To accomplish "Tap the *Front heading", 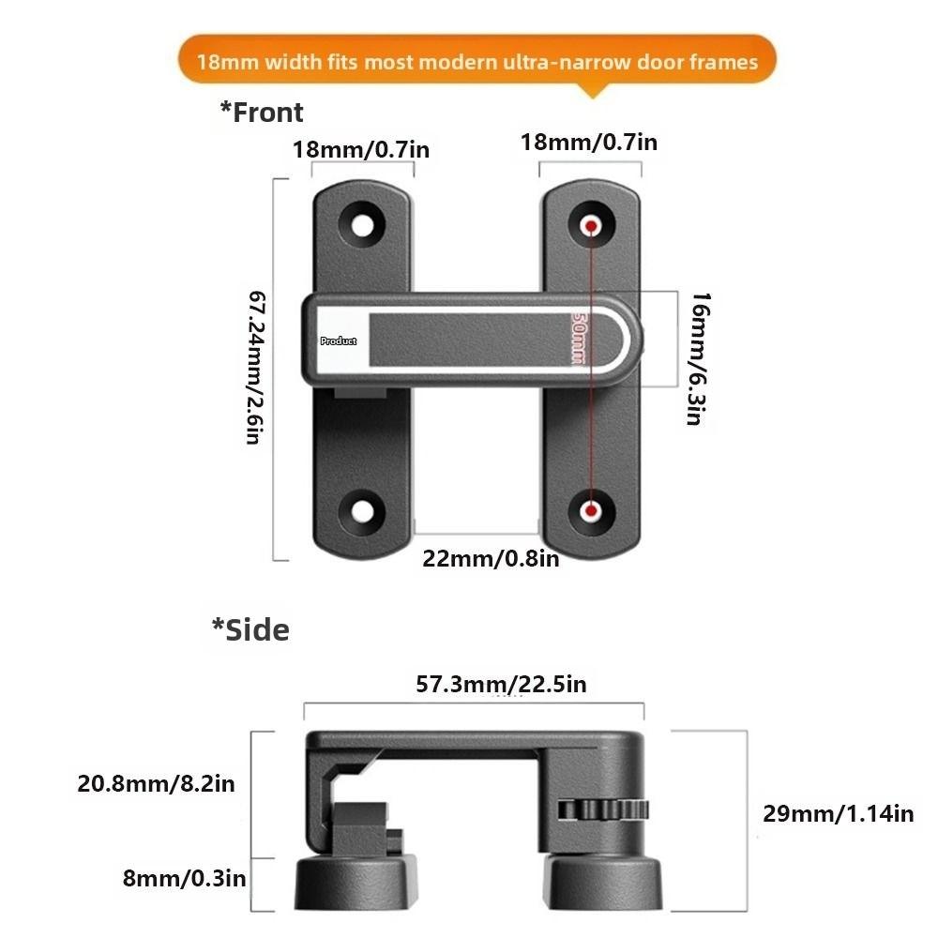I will (262, 113).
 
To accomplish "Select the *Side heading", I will (250, 629).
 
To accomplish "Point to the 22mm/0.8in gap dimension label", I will (491, 558).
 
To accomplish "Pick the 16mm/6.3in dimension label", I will (695, 358).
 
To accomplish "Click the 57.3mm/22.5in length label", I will (501, 685).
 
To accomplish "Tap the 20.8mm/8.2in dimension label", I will (156, 783).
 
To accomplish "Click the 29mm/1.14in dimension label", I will (838, 813).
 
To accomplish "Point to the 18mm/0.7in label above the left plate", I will (361, 149).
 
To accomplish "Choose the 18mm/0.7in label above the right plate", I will (589, 143).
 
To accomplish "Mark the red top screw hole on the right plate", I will (591, 226).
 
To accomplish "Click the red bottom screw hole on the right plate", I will (591, 510).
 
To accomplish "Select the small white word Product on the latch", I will (339, 341).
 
